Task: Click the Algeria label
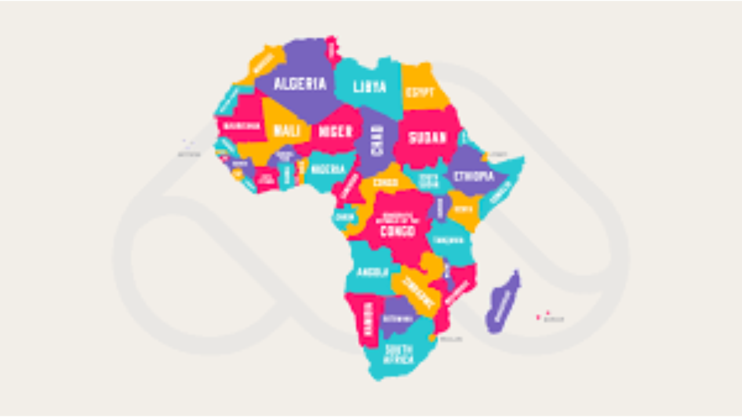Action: tap(300, 84)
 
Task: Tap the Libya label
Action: tap(369, 87)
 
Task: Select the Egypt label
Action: tap(420, 92)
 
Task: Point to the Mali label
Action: tap(286, 131)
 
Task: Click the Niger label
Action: tap(335, 131)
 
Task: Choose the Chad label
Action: tap(377, 140)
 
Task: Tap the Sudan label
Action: tap(427, 138)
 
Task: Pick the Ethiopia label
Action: tap(474, 176)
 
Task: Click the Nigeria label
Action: tap(328, 170)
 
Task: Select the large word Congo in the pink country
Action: tap(398, 231)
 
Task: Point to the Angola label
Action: tap(372, 272)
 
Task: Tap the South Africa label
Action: tap(399, 354)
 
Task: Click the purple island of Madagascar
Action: tap(502, 303)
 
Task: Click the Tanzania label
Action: tap(448, 240)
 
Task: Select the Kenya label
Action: tap(464, 209)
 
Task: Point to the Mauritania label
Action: tap(241, 126)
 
